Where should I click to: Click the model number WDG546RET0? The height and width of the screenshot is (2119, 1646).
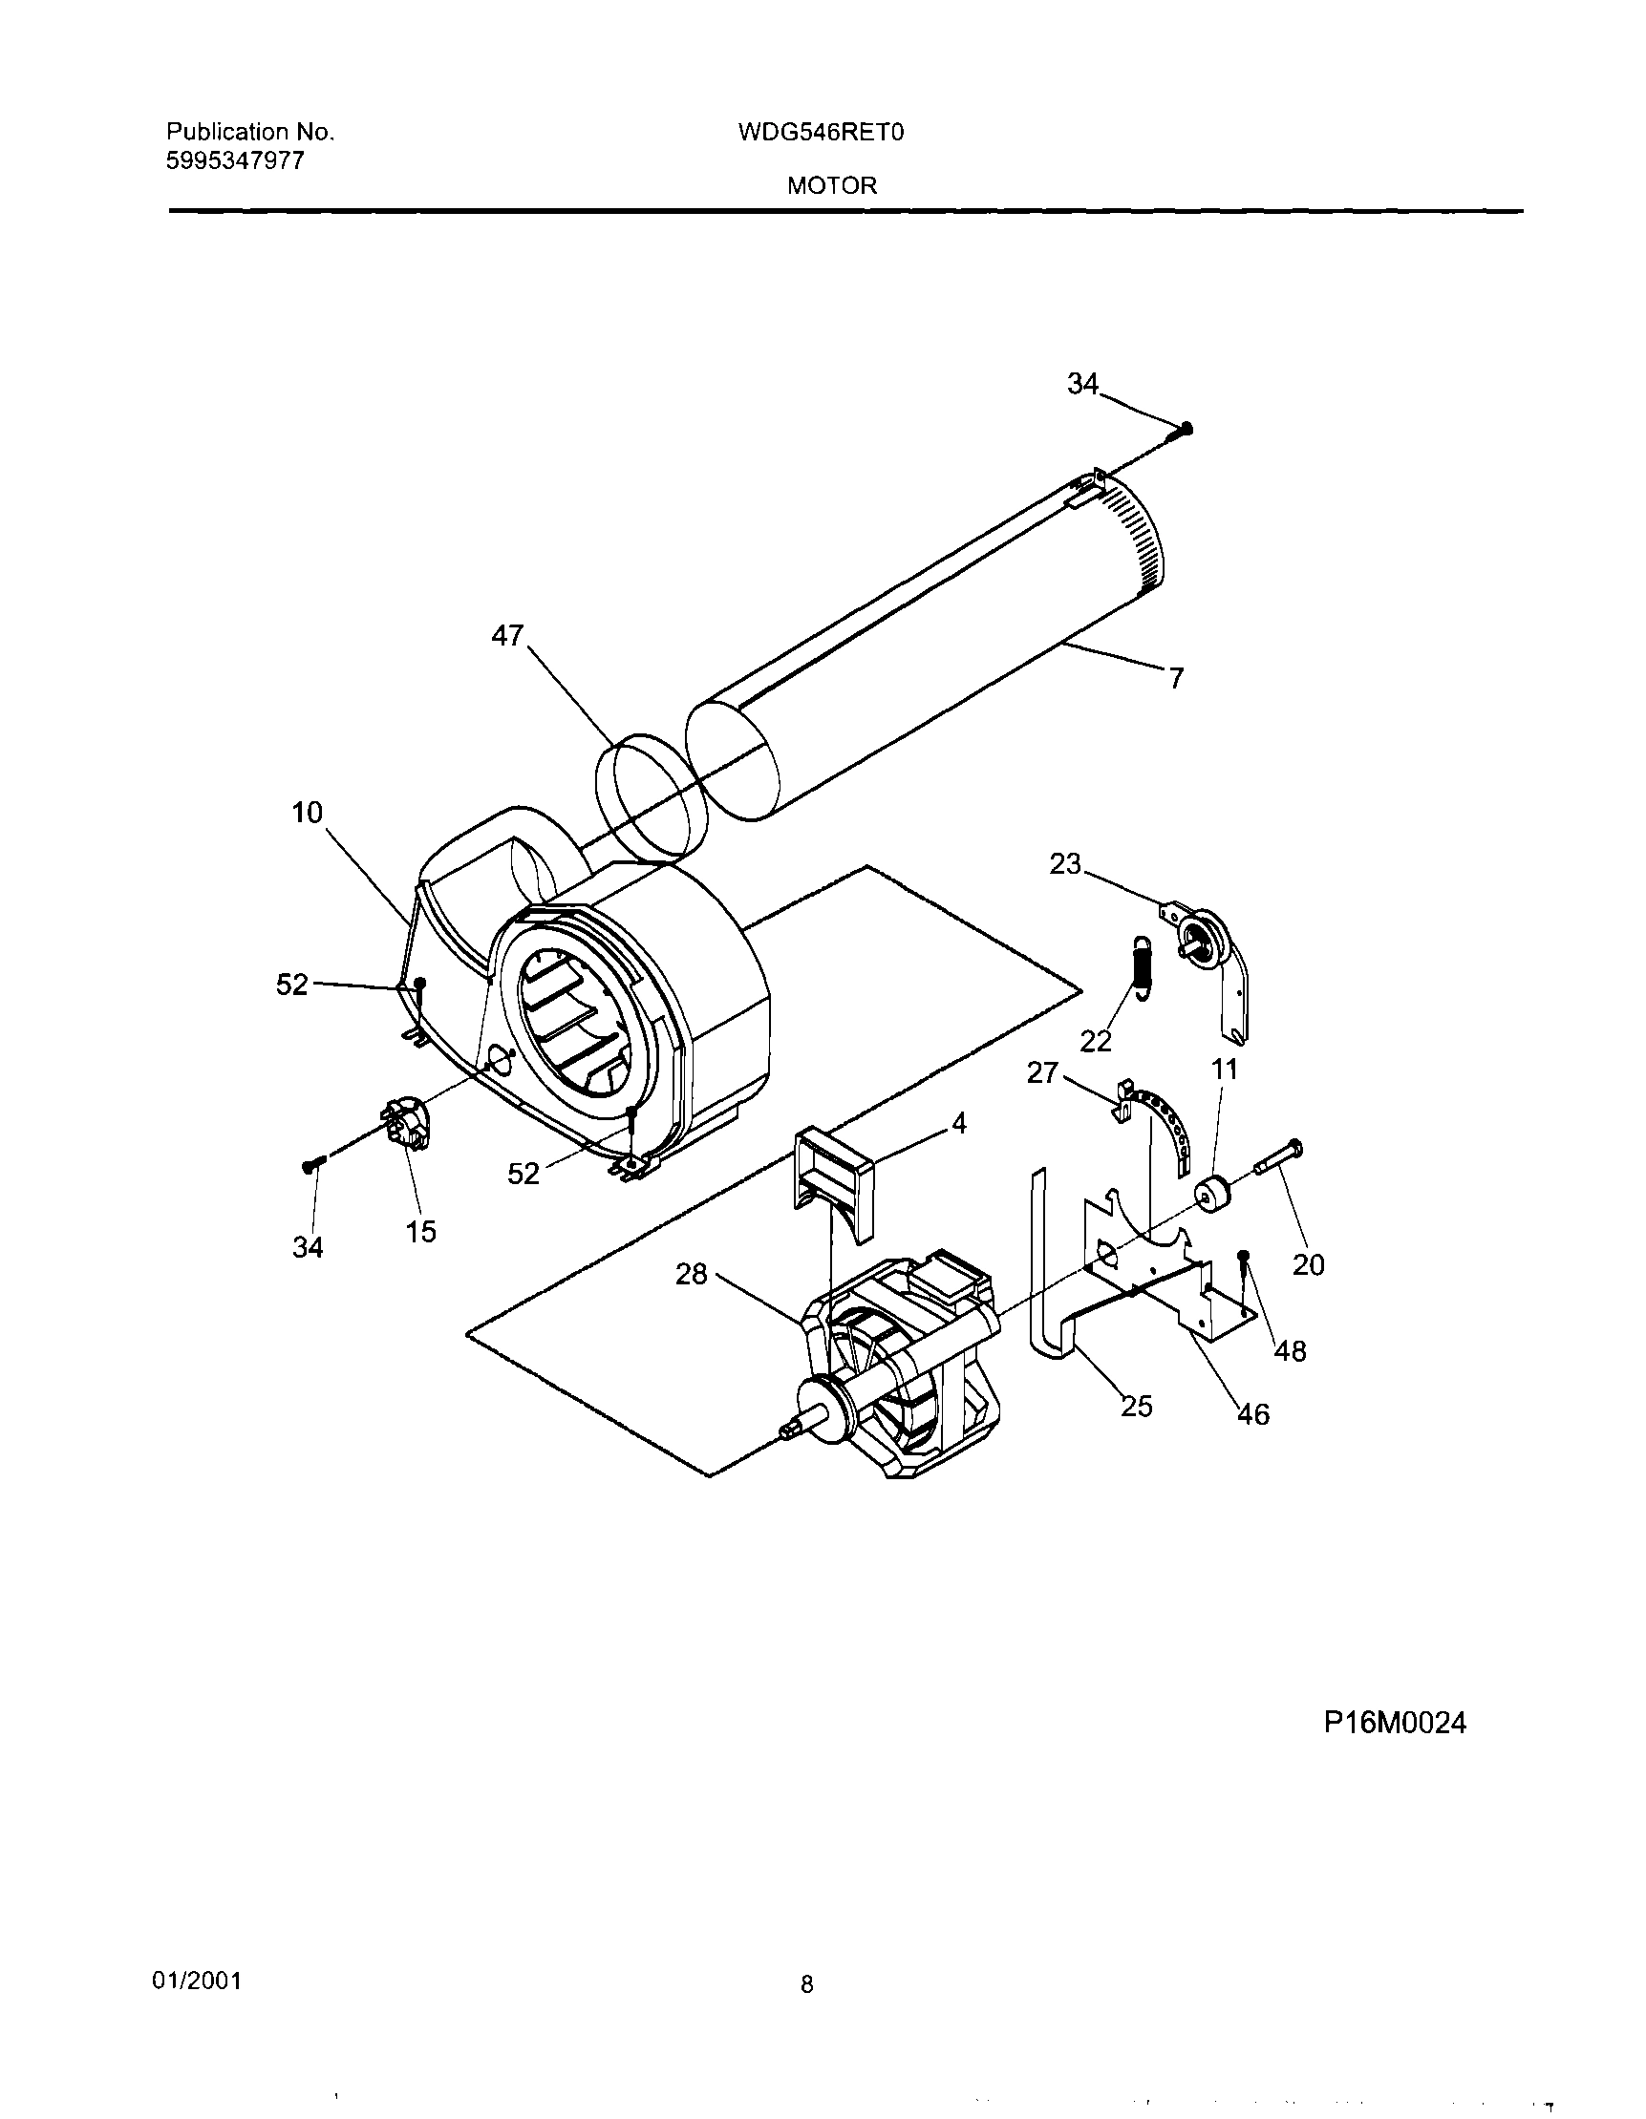tap(820, 132)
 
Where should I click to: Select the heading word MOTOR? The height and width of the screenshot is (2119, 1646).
tap(832, 186)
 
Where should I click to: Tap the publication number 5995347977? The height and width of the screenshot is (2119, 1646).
tap(235, 161)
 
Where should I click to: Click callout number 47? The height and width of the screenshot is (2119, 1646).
tap(507, 635)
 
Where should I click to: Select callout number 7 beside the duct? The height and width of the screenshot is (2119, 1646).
tap(1176, 678)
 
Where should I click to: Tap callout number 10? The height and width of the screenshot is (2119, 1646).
tap(308, 813)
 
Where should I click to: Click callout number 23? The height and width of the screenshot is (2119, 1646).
tap(1064, 863)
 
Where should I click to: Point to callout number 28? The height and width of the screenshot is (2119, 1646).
tap(691, 1274)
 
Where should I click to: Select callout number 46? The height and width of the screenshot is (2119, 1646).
tap(1253, 1414)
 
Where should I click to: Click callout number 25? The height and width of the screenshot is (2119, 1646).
tap(1137, 1406)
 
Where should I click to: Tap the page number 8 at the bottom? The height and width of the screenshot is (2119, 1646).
tap(806, 1984)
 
